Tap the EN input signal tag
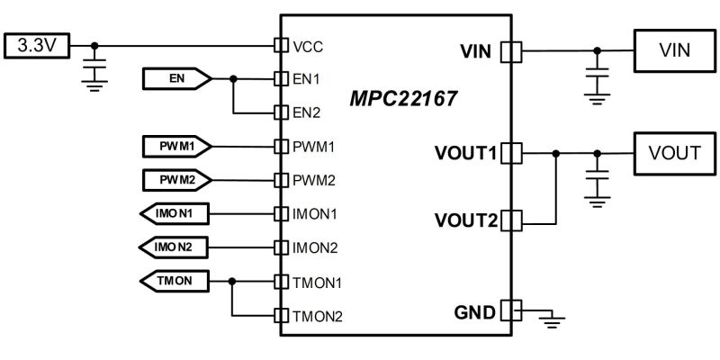pyautogui.click(x=175, y=79)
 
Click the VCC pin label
pyautogui.click(x=308, y=45)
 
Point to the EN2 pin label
pyautogui.click(x=307, y=112)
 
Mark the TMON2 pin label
pyautogui.click(x=317, y=316)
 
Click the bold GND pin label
pyautogui.click(x=474, y=312)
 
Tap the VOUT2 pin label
pyautogui.click(x=465, y=220)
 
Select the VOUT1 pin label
pyautogui.click(x=465, y=154)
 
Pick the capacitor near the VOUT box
pyautogui.click(x=594, y=176)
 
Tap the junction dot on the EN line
pyautogui.click(x=233, y=79)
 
